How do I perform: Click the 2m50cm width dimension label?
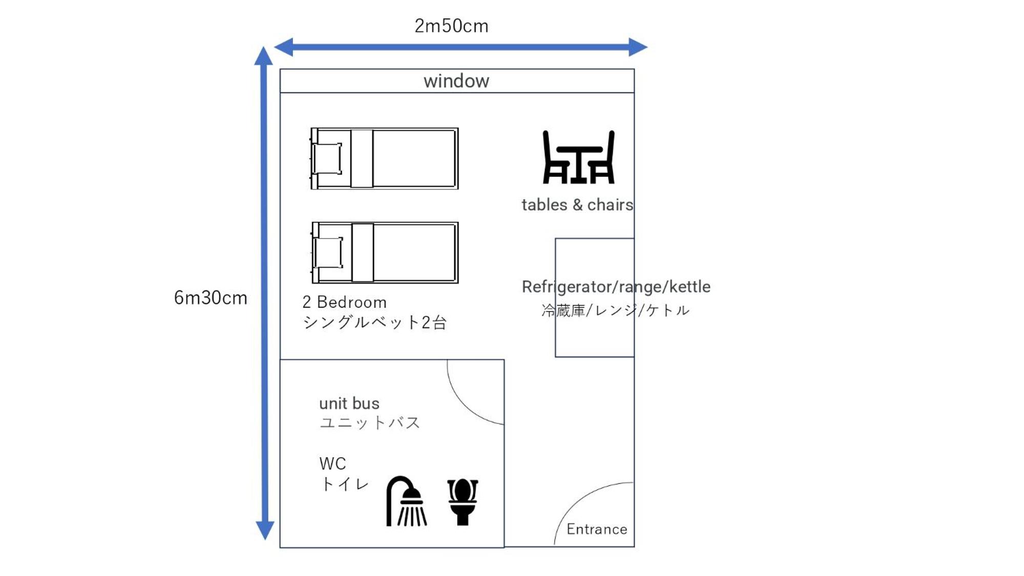click(451, 26)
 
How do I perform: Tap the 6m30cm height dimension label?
click(211, 297)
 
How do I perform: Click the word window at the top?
click(456, 81)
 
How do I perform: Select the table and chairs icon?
click(578, 157)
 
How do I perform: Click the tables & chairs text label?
click(577, 205)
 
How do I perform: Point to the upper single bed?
click(384, 159)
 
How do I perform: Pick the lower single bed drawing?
click(384, 252)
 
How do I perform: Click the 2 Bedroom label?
click(344, 302)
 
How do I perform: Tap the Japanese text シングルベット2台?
click(375, 323)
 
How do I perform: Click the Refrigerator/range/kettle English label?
click(616, 287)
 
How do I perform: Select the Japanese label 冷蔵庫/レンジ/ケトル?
click(615, 310)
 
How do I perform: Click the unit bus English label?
click(349, 403)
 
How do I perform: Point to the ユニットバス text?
click(370, 423)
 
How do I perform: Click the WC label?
click(332, 464)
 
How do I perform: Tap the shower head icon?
click(406, 501)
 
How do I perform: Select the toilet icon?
click(463, 502)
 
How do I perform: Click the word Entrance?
click(597, 529)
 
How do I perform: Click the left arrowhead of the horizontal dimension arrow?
click(283, 47)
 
